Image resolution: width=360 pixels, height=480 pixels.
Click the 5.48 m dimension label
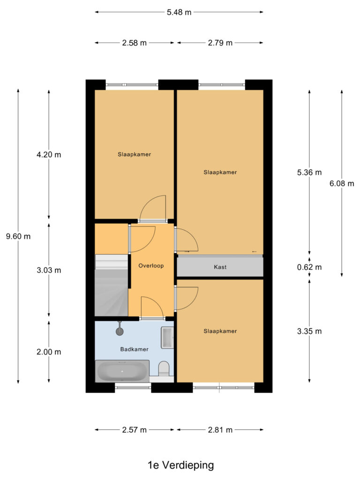click(179, 13)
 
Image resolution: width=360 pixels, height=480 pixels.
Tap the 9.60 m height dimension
click(18, 236)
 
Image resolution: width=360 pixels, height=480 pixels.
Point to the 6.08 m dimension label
click(342, 184)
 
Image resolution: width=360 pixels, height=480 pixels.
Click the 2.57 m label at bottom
click(135, 429)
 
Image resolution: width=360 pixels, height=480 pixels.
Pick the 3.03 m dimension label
click(49, 270)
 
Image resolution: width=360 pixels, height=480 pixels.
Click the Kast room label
click(220, 267)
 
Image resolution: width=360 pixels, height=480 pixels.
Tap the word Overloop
click(151, 266)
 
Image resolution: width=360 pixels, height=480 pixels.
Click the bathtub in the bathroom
click(122, 371)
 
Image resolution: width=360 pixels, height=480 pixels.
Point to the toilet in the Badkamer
click(164, 368)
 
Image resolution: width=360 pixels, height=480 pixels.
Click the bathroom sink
click(167, 337)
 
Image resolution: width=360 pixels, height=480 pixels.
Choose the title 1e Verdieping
click(180, 465)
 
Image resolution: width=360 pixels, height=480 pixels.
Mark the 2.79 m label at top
click(220, 43)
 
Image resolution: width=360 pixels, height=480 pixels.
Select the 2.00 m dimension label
click(49, 352)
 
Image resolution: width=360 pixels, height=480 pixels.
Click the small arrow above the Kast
click(255, 252)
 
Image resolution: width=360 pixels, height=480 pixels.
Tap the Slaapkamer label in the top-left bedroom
click(134, 154)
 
